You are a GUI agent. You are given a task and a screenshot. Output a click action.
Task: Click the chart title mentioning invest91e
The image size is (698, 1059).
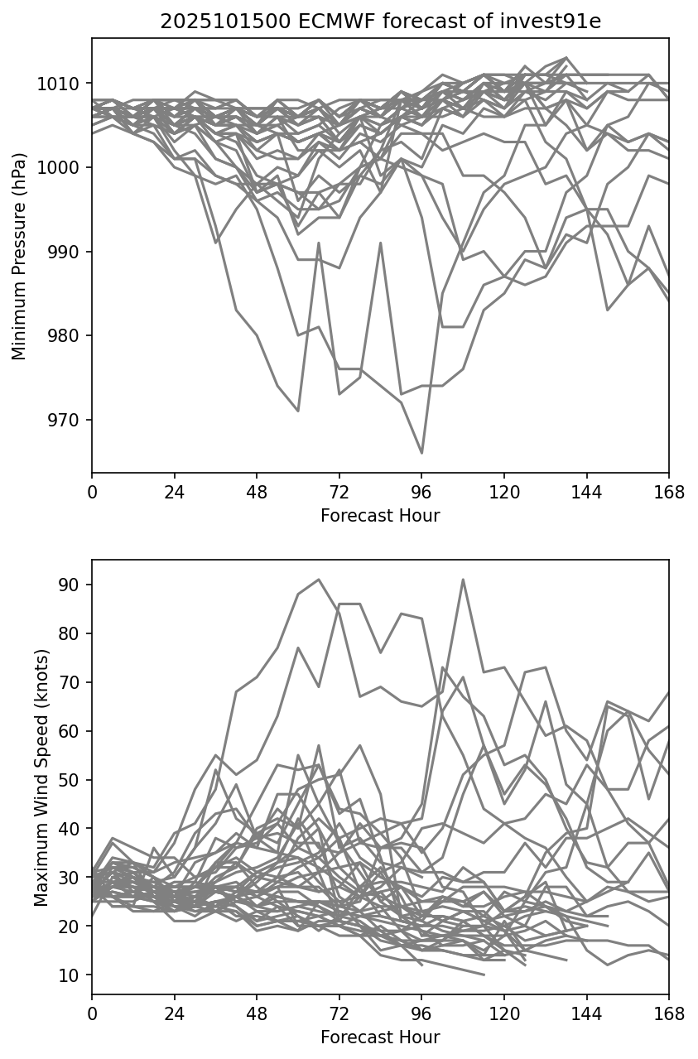[x=380, y=22]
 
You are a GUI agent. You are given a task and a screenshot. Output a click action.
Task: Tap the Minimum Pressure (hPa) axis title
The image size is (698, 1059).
[x=20, y=256]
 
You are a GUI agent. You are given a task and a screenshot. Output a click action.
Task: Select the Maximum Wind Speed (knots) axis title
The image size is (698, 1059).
[x=41, y=777]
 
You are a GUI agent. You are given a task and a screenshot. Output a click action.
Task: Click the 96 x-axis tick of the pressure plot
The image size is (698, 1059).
[x=421, y=492]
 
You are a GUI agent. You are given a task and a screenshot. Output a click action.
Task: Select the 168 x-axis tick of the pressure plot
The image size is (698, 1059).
[x=669, y=492]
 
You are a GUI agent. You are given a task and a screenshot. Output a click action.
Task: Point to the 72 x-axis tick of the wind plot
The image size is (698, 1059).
[x=339, y=1013]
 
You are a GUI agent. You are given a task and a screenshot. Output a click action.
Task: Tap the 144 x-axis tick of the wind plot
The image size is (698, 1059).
[x=587, y=1013]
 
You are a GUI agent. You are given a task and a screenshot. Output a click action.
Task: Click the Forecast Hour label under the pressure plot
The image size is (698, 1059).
[x=380, y=516]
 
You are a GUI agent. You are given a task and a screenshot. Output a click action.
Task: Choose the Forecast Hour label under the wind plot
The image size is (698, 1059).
[x=380, y=1037]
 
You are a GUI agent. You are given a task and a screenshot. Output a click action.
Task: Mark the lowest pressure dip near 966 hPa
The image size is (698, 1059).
[x=421, y=453]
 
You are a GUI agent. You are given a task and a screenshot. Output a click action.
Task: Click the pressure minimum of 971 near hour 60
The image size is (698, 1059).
[x=298, y=411]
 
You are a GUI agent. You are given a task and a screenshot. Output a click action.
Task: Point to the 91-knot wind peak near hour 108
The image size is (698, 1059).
[x=463, y=580]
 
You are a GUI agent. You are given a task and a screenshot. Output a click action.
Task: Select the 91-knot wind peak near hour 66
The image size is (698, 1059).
[x=319, y=580]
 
